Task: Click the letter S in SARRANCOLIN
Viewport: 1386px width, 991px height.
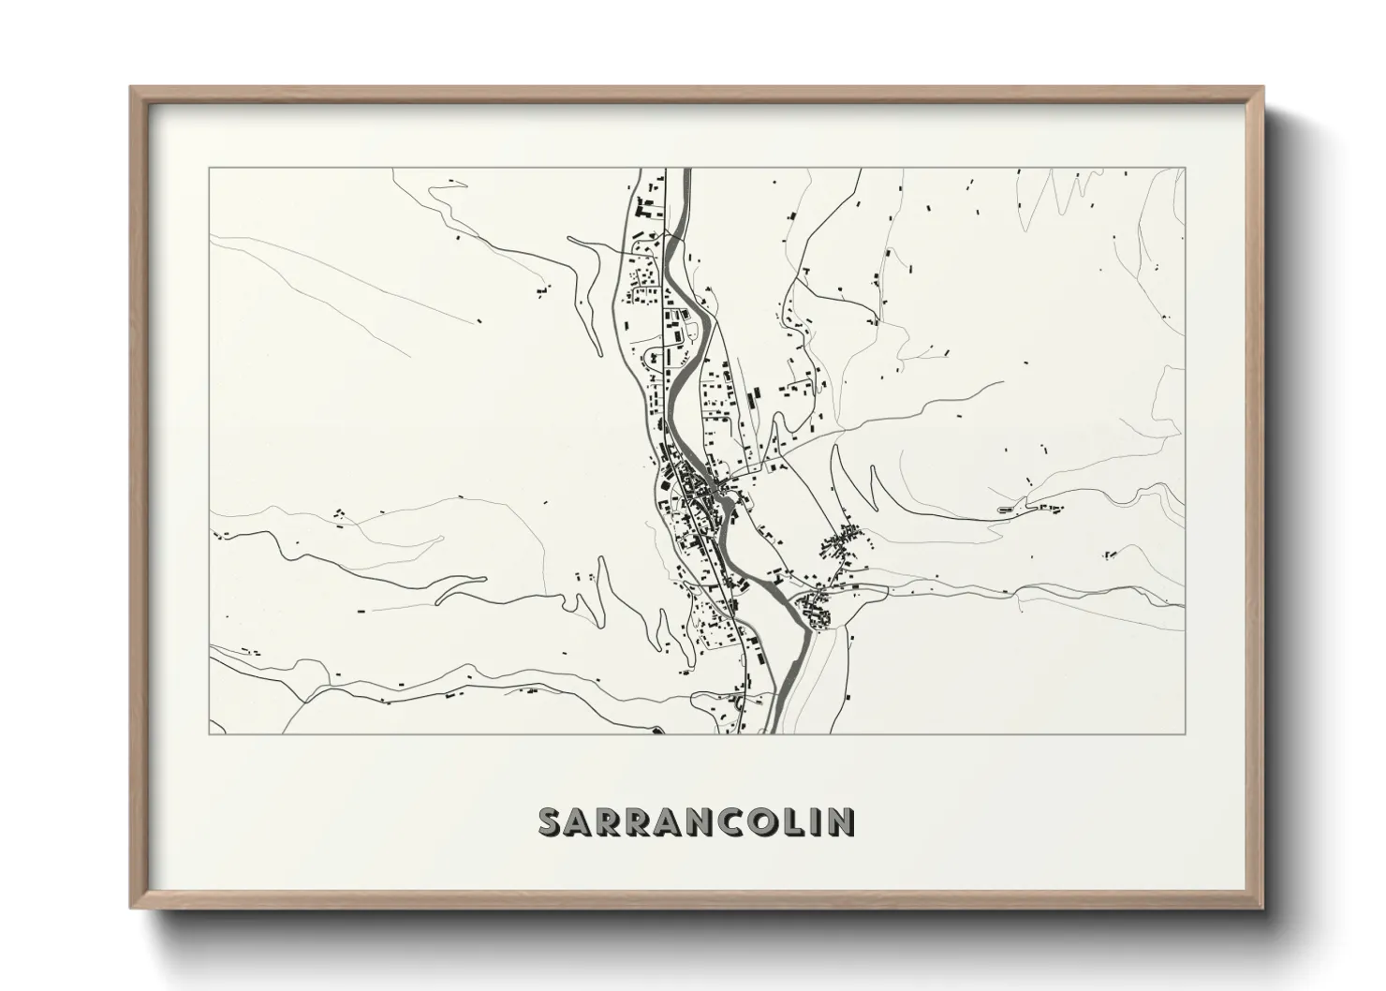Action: click(x=551, y=821)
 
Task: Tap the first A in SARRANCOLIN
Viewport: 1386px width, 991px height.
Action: click(x=582, y=821)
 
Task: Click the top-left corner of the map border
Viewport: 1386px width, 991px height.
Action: click(x=209, y=169)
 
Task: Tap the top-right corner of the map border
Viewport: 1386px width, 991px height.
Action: click(x=1185, y=169)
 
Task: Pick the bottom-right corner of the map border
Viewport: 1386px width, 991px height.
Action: click(x=1185, y=733)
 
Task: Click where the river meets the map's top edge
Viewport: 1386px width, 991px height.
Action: click(x=686, y=170)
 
